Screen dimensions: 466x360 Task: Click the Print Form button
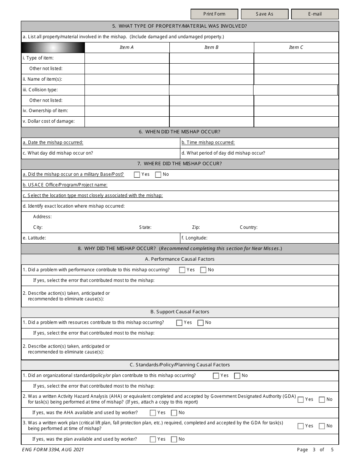(214, 14)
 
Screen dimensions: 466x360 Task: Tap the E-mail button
(315, 14)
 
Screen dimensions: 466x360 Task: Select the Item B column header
(211, 47)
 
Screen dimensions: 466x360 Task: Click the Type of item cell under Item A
(127, 58)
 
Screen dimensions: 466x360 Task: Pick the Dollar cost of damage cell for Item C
(296, 122)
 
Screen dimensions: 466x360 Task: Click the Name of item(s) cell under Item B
(211, 79)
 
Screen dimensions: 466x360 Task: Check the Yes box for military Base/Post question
(137, 175)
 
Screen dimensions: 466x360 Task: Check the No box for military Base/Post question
(158, 175)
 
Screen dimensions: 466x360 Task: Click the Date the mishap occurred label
(53, 142)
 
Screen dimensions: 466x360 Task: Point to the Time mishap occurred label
(208, 142)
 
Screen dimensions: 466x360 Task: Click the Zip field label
(196, 227)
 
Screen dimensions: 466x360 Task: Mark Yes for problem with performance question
(182, 270)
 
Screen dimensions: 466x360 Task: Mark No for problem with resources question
(201, 323)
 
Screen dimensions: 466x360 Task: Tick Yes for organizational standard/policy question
(216, 376)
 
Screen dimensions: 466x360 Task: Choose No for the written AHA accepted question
(322, 400)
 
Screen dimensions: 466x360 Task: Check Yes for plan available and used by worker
(153, 439)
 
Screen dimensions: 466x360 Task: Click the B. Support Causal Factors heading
(180, 312)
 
